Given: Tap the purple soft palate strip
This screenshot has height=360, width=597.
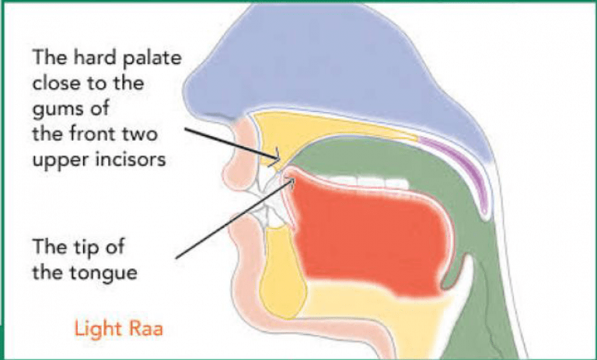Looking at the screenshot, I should (466, 175).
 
